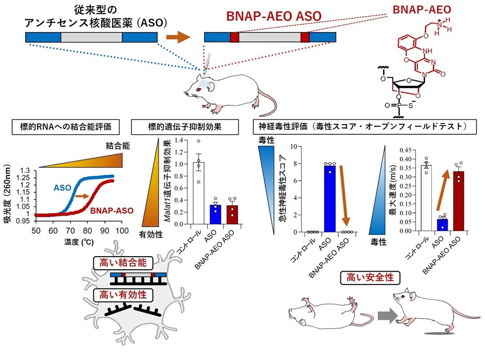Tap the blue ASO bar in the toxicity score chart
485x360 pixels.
click(x=330, y=198)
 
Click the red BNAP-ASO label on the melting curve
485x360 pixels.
click(x=112, y=211)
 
